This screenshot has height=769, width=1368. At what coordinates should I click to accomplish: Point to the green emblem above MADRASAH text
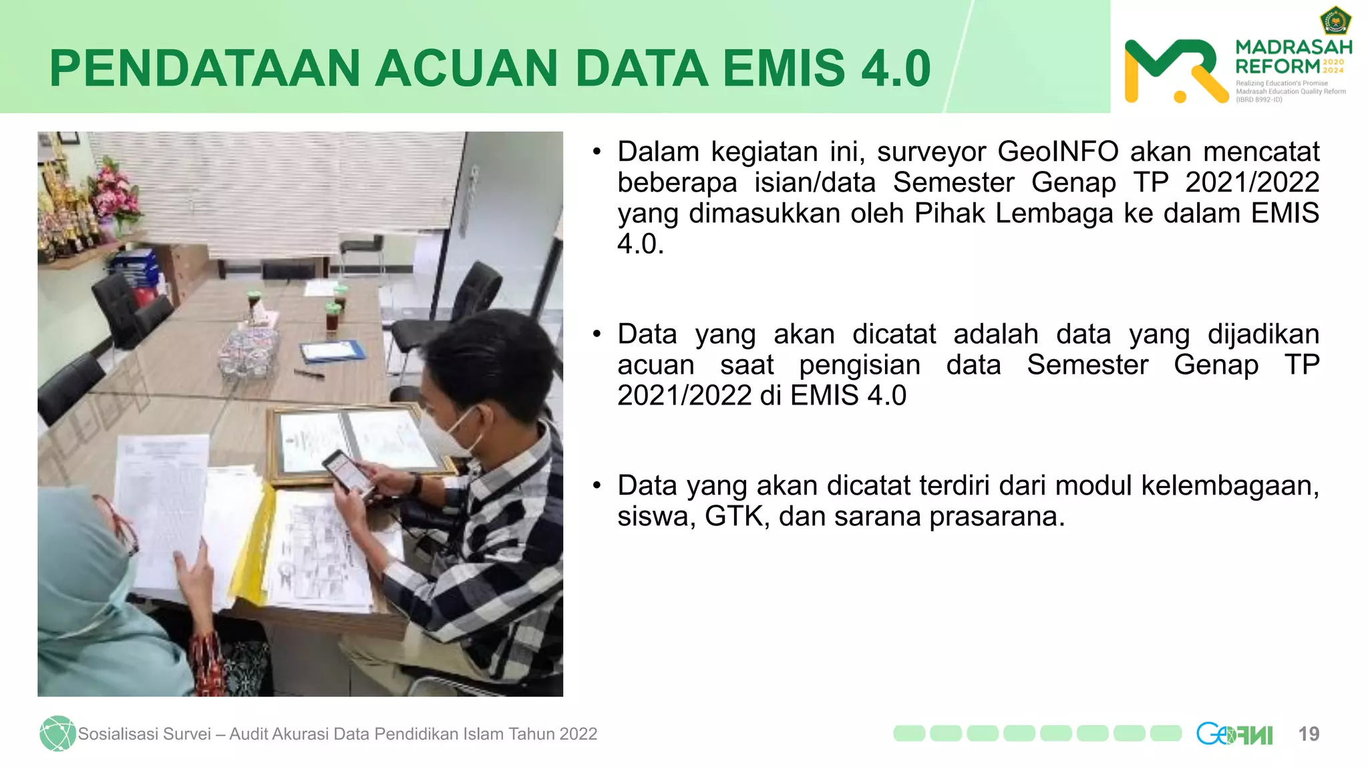pyautogui.click(x=1335, y=21)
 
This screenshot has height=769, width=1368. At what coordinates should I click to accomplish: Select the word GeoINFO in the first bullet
pyautogui.click(x=1057, y=152)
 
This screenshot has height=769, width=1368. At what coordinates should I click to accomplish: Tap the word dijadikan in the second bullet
pyautogui.click(x=1262, y=334)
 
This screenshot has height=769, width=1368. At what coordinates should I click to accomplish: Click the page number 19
pyautogui.click(x=1309, y=734)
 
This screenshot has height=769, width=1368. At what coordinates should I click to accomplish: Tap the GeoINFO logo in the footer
pyautogui.click(x=1234, y=734)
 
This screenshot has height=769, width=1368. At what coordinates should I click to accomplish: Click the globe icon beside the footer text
pyautogui.click(x=57, y=734)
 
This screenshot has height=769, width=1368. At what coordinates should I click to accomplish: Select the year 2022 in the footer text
pyautogui.click(x=578, y=734)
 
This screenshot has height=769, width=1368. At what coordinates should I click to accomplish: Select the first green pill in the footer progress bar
pyautogui.click(x=909, y=734)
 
